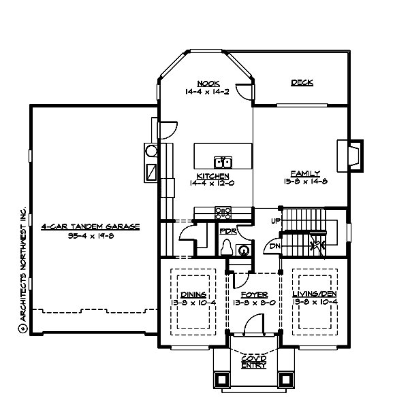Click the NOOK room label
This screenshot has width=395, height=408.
pyautogui.click(x=208, y=84)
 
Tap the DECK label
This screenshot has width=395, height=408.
pyautogui.click(x=302, y=83)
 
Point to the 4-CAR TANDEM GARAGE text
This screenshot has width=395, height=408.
pyautogui.click(x=90, y=226)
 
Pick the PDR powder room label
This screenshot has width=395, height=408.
pyautogui.click(x=227, y=232)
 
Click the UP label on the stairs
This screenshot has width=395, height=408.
pyautogui.click(x=275, y=222)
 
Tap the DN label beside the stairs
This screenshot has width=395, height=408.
pyautogui.click(x=274, y=246)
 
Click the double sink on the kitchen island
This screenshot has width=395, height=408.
pyautogui.click(x=223, y=162)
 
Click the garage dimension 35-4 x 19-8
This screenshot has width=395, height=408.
pyautogui.click(x=90, y=235)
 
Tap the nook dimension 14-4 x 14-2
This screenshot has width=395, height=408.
pyautogui.click(x=208, y=91)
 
